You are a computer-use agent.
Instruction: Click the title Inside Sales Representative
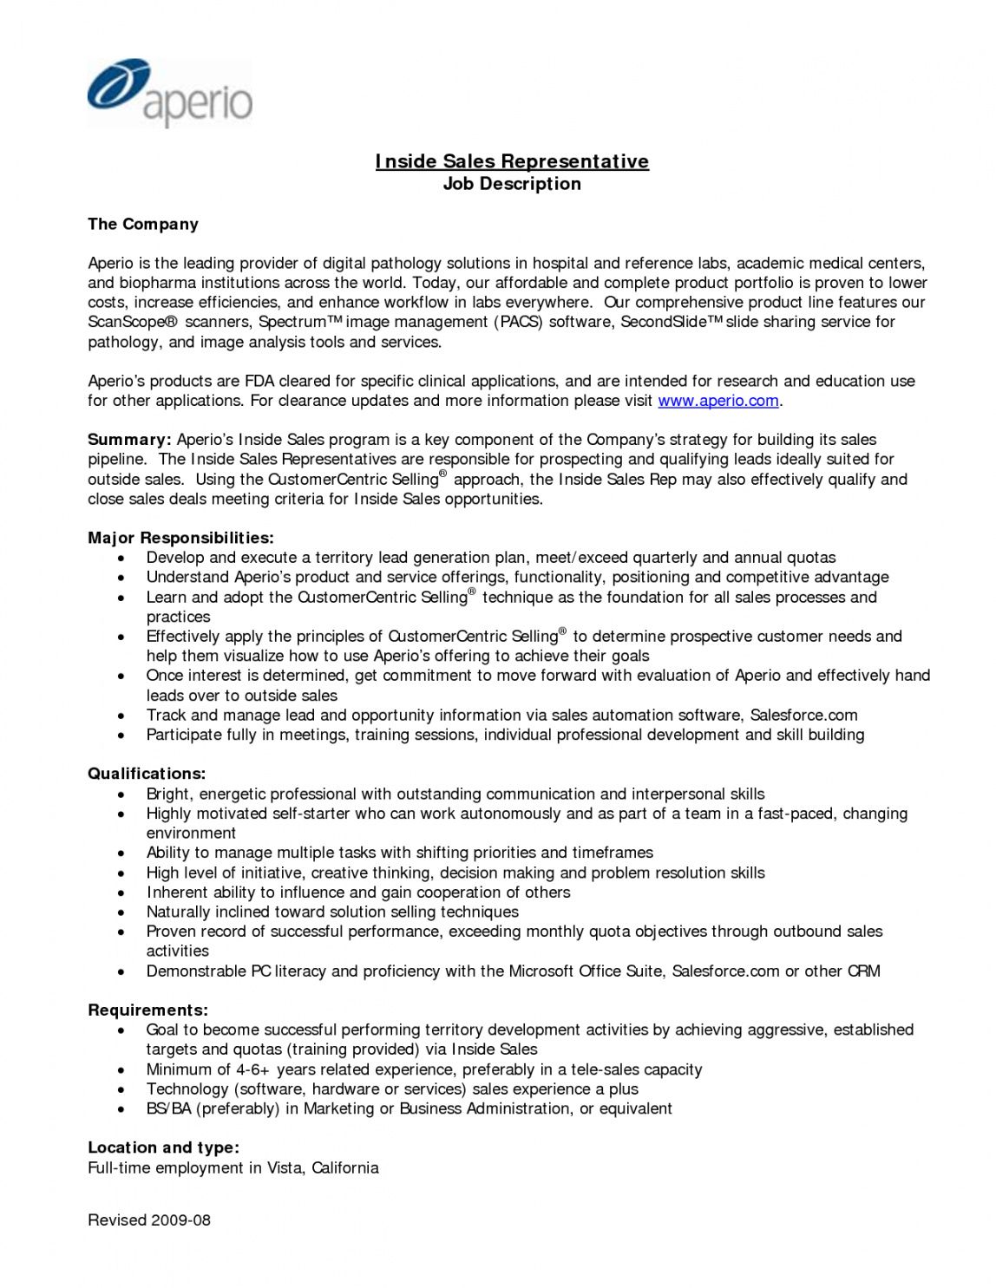[512, 161]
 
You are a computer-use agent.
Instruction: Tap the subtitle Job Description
[512, 184]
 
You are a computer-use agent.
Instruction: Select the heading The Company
[143, 224]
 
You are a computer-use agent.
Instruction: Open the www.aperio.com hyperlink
[718, 401]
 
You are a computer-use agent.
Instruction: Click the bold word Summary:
[129, 440]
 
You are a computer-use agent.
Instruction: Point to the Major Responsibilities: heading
[180, 538]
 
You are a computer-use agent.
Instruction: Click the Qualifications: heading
[147, 774]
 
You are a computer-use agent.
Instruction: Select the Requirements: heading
[147, 1010]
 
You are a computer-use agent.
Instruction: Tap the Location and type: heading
[163, 1147]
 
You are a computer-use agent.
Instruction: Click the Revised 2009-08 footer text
[149, 1220]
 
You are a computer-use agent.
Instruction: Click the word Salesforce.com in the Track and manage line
[803, 716]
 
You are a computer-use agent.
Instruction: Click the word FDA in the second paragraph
[259, 381]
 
